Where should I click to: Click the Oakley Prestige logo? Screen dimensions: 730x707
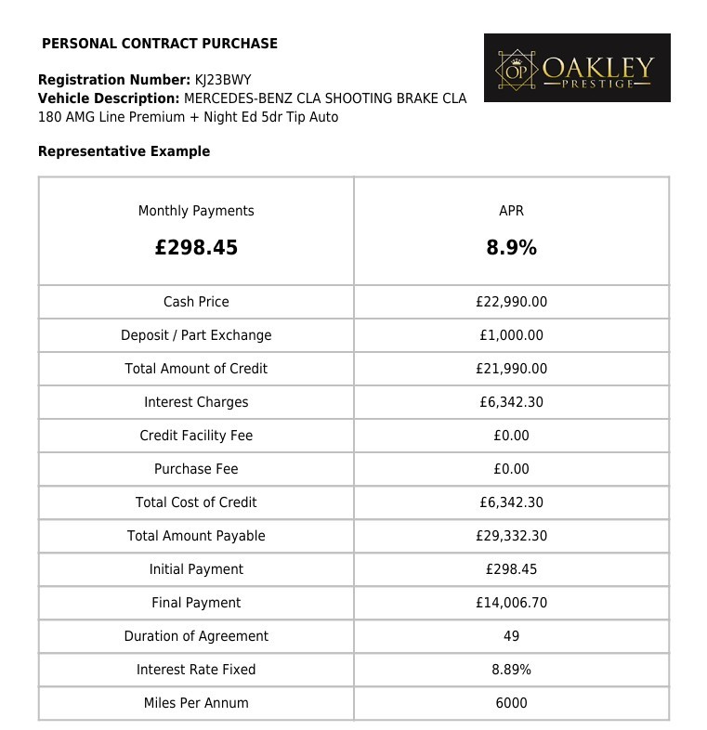(577, 68)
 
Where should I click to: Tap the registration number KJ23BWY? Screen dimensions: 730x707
(222, 80)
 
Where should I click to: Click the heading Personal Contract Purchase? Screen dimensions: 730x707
(160, 44)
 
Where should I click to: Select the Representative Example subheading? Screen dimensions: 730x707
(124, 151)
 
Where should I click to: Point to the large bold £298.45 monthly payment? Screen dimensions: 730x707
(196, 248)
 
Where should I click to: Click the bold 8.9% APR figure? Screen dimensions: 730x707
(511, 248)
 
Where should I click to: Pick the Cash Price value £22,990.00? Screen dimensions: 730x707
(511, 302)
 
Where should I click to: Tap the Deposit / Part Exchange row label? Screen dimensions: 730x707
(196, 335)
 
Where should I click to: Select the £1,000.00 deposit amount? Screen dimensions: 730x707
(511, 335)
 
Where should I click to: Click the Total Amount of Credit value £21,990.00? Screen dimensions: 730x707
(511, 369)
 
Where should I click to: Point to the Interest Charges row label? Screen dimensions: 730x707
(196, 402)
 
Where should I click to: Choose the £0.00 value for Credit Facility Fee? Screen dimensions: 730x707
(511, 436)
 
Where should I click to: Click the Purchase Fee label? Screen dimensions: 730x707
(196, 469)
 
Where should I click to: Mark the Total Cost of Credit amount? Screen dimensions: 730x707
(511, 502)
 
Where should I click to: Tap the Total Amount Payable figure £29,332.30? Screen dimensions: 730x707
(511, 536)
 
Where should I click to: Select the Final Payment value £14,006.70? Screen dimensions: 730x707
(511, 603)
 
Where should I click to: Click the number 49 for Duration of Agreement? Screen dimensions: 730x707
(511, 636)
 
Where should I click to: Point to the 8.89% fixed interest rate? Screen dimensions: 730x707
(511, 670)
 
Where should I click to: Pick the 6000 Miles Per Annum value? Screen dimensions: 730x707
(511, 703)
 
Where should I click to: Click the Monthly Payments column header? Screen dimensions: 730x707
(196, 211)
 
